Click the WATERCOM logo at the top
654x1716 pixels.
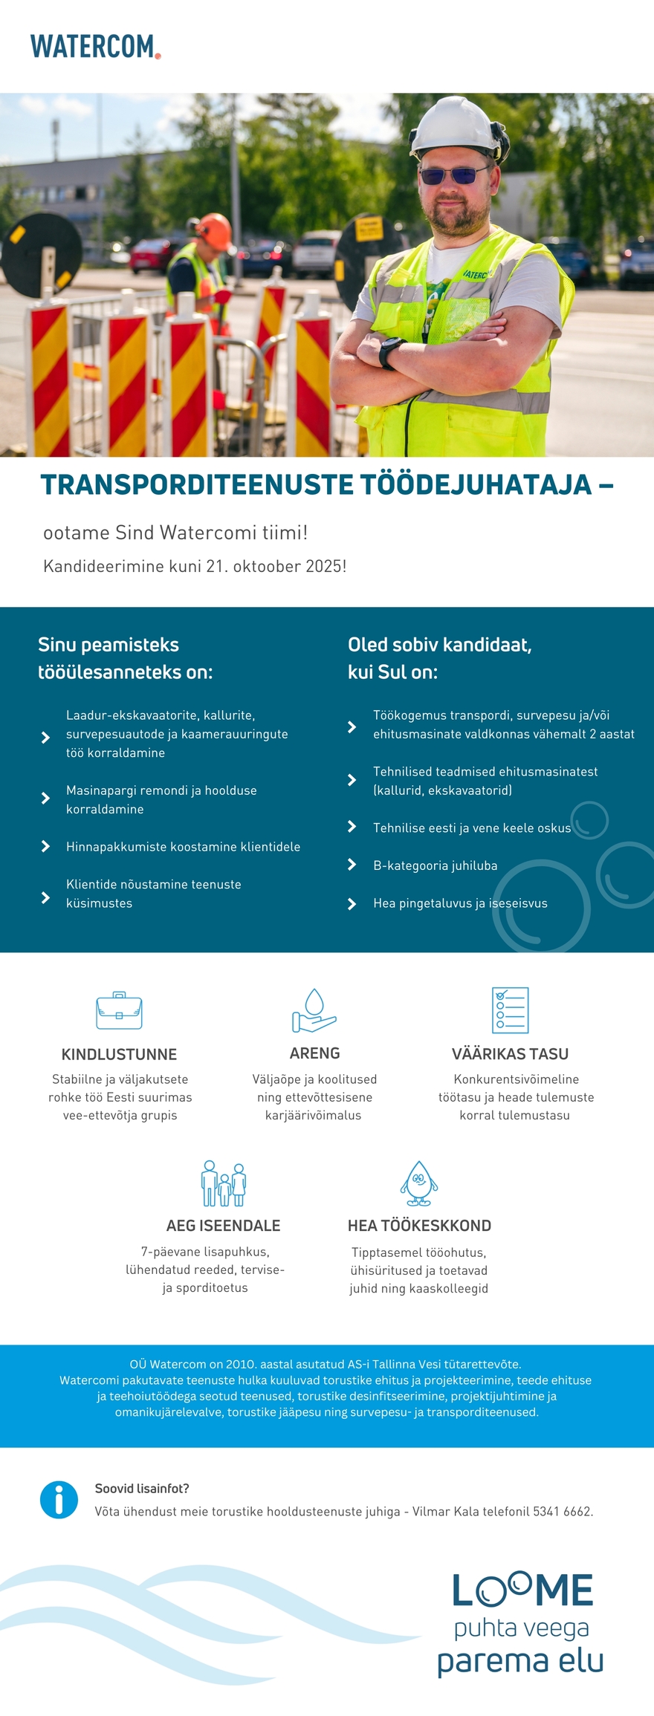(95, 46)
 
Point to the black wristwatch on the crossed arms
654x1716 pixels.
(389, 352)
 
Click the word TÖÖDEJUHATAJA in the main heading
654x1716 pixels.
(476, 484)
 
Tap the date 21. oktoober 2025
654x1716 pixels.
(276, 566)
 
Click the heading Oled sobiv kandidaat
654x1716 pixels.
(439, 645)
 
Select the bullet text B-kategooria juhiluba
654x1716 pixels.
(435, 865)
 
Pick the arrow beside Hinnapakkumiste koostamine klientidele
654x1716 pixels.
(46, 846)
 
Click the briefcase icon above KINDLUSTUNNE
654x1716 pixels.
(119, 1010)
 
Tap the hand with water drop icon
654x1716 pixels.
(314, 1010)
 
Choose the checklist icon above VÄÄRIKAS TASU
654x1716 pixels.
(510, 1010)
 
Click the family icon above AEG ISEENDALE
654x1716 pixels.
(223, 1184)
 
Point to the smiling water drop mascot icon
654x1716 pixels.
(419, 1184)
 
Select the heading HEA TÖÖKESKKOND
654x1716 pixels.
(419, 1226)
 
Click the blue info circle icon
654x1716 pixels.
(59, 1500)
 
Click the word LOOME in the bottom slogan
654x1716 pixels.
(522, 1591)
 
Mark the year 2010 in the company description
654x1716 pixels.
(240, 1365)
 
